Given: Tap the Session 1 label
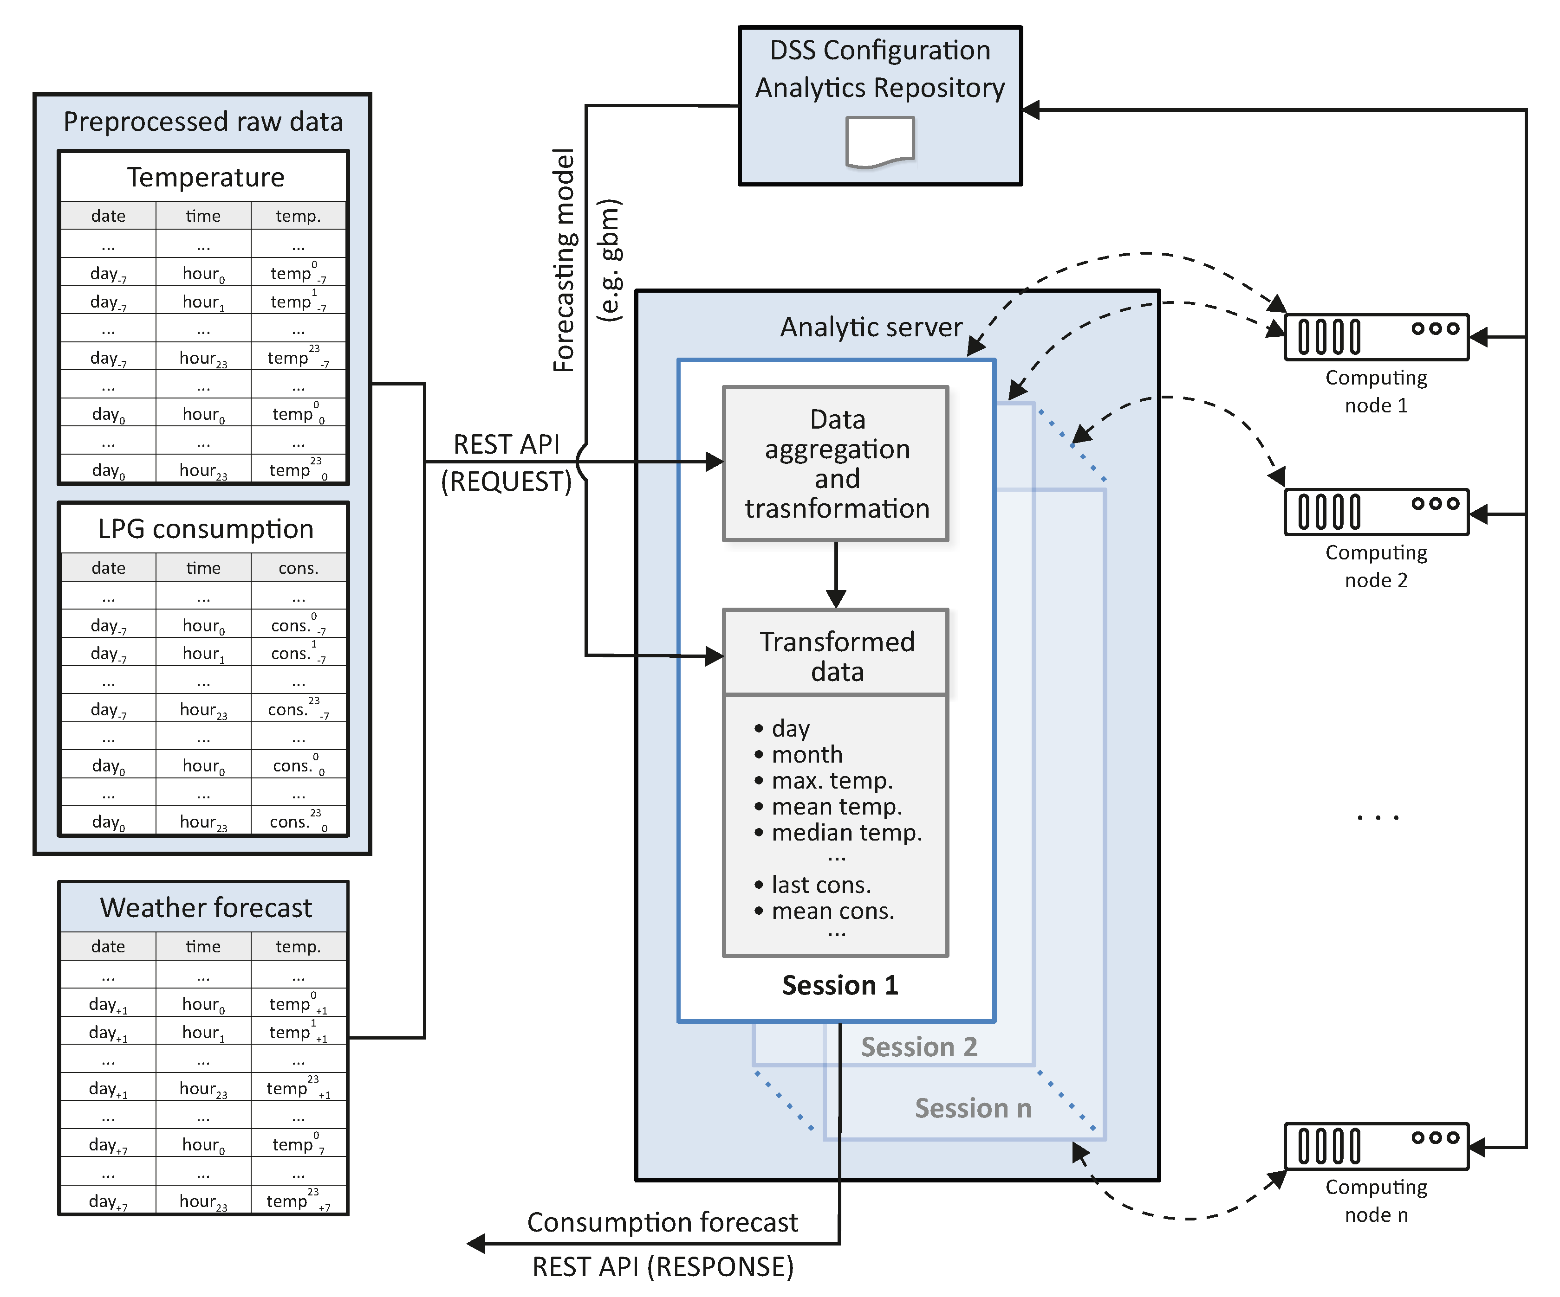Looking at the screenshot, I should point(839,985).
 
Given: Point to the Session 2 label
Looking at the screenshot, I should point(918,1047).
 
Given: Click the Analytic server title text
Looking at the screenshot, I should point(871,327).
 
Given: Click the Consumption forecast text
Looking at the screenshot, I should point(662,1222).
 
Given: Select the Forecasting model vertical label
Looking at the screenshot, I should point(565,260).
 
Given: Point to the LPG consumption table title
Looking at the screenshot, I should point(205,529).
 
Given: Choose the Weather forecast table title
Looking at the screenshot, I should point(205,908).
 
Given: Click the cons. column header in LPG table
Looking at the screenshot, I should point(298,568).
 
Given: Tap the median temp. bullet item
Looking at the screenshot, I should point(845,832).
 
